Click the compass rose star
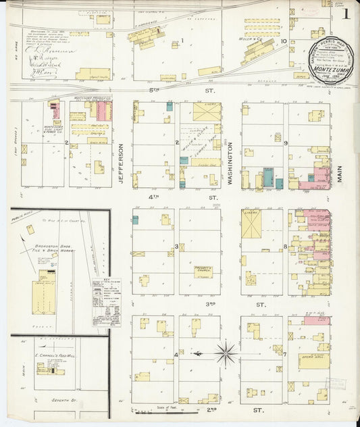[226, 352]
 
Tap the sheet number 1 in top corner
[346, 14]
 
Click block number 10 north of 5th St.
[284, 42]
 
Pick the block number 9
[286, 143]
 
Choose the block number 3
[176, 247]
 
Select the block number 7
[286, 355]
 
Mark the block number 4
[176, 355]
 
